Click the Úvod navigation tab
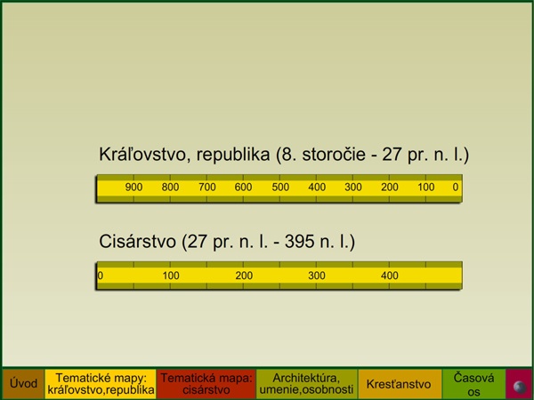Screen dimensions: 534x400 (x=23, y=384)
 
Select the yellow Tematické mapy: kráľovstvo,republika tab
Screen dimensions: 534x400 (x=101, y=384)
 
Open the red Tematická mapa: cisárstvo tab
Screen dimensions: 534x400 (x=206, y=384)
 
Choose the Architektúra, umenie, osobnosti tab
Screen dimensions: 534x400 (x=306, y=384)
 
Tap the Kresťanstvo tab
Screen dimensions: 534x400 (x=399, y=384)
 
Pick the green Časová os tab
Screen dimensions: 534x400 (x=473, y=384)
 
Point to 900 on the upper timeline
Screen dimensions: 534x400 (x=133, y=187)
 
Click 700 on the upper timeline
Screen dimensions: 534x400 (x=207, y=187)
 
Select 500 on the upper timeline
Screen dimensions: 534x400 (x=280, y=187)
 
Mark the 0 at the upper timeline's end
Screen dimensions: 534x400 (x=456, y=187)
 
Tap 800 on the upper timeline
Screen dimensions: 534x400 (x=170, y=187)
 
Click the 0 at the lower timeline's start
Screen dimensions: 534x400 (x=100, y=276)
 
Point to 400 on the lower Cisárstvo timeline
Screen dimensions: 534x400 (x=390, y=276)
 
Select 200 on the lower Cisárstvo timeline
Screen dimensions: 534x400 (x=244, y=276)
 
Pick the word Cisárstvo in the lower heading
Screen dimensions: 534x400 (x=138, y=242)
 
